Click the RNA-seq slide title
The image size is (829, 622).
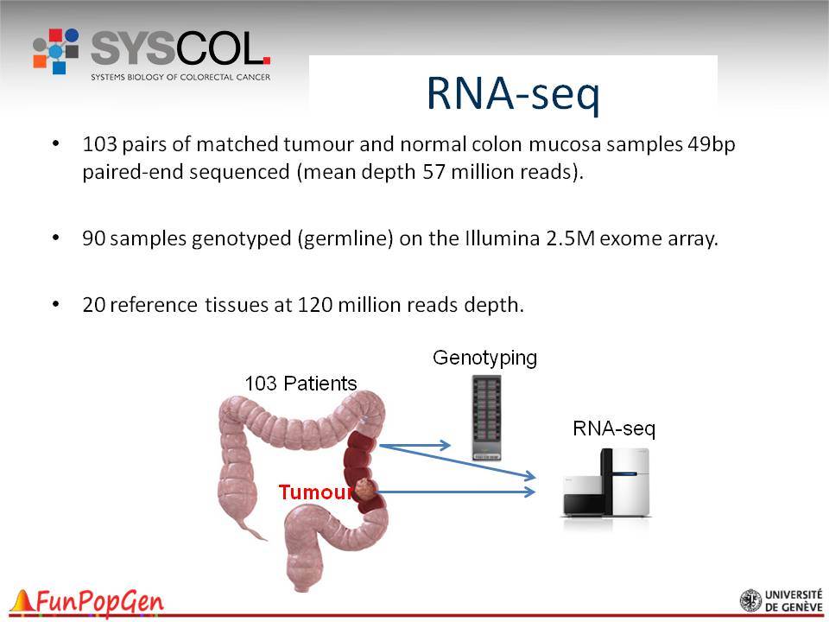[x=513, y=94]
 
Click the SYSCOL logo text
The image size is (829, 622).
[x=180, y=48]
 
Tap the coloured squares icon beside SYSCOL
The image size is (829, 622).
[x=56, y=51]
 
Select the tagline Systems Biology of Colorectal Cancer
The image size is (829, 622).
[x=180, y=77]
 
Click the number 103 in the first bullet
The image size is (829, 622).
[x=99, y=144]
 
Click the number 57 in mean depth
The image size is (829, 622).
[x=433, y=172]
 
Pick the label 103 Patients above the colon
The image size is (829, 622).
[x=301, y=384]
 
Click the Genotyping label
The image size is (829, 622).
[x=484, y=358]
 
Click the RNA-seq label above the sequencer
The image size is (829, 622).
[x=614, y=428]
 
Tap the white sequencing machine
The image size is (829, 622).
[x=606, y=482]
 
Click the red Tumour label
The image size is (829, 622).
[x=316, y=492]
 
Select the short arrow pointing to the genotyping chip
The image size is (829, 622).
[x=415, y=446]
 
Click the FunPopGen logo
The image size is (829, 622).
[x=87, y=602]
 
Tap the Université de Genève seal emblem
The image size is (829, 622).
[x=750, y=601]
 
